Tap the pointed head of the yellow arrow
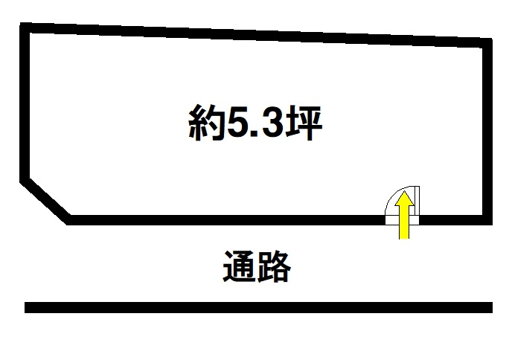(404, 196)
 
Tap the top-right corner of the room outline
(488, 42)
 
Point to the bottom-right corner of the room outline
(488, 220)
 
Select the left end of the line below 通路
(28, 307)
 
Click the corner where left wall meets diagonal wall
(25, 179)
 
